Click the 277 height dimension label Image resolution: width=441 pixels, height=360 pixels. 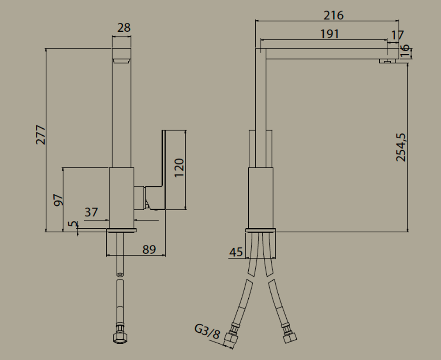(x=41, y=135)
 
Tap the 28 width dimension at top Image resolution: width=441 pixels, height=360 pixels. (x=124, y=28)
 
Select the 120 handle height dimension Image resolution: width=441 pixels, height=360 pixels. (x=179, y=168)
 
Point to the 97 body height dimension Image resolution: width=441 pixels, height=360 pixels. (x=59, y=200)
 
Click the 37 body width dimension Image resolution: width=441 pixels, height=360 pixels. (x=91, y=212)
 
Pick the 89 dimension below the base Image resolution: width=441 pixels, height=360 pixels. (x=149, y=249)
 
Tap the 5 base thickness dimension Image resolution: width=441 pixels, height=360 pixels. (x=73, y=224)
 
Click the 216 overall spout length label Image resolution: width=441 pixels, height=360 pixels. (x=333, y=15)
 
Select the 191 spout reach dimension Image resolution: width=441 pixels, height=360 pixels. (x=330, y=34)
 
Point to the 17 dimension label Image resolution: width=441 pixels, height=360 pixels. (x=397, y=35)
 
